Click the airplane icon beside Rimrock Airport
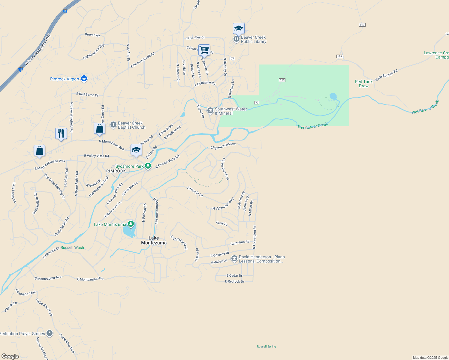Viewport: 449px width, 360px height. (84, 79)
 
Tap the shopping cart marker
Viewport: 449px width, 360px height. (204, 50)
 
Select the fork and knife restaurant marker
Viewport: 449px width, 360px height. (61, 133)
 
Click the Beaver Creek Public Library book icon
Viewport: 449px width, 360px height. (237, 39)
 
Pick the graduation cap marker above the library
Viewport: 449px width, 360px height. (239, 29)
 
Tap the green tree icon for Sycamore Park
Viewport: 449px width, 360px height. (148, 166)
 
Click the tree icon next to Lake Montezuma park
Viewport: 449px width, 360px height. (131, 224)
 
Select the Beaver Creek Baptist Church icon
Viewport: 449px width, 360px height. (113, 125)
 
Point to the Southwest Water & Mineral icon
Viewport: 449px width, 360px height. (210, 111)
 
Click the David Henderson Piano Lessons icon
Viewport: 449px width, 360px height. (234, 259)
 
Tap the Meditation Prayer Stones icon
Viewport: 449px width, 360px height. (50, 333)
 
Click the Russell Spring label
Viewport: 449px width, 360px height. (266, 346)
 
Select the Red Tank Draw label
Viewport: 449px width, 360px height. (363, 84)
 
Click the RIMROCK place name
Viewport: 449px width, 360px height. (116, 171)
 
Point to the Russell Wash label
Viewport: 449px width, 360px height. (72, 247)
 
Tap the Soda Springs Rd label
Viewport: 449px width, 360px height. (386, 75)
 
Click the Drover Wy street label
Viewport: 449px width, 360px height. (92, 35)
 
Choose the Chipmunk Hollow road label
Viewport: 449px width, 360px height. (223, 146)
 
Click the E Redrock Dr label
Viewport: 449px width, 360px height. (234, 281)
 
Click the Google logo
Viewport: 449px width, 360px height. (10, 356)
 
